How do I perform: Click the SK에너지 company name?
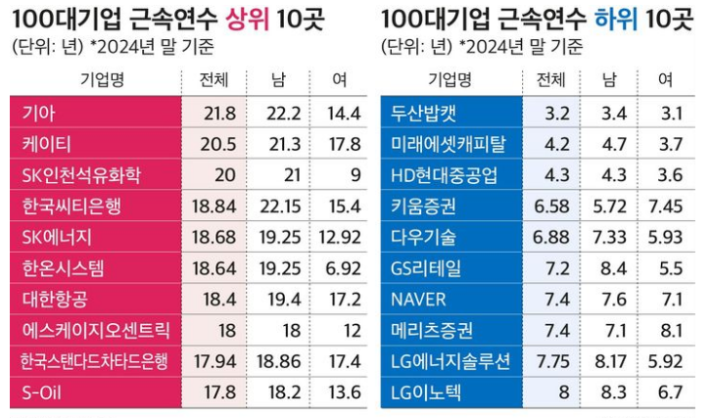pyautogui.click(x=57, y=237)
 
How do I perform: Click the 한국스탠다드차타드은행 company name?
pyautogui.click(x=94, y=361)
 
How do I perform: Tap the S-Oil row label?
pyautogui.click(x=43, y=393)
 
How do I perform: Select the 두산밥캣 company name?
pyautogui.click(x=423, y=114)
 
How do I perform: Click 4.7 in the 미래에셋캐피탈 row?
pyautogui.click(x=614, y=144)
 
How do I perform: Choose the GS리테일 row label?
pyautogui.click(x=425, y=267)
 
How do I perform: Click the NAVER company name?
pyautogui.click(x=418, y=299)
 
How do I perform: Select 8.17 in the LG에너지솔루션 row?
pyautogui.click(x=614, y=361)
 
